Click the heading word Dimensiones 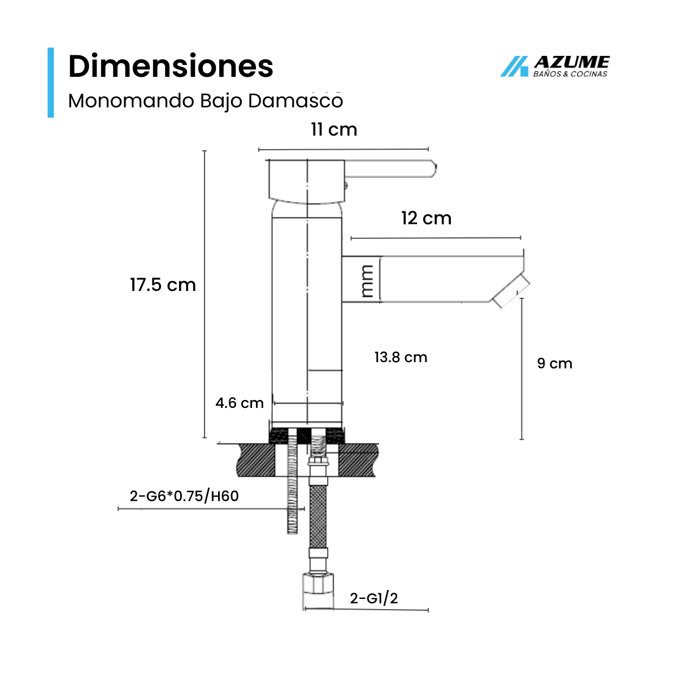[x=171, y=67]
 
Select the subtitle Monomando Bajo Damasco [x=205, y=101]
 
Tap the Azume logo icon [x=514, y=67]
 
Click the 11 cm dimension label [x=334, y=130]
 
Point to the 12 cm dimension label [x=426, y=218]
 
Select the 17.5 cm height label [x=163, y=285]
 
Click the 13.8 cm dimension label [x=401, y=357]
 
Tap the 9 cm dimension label [x=554, y=363]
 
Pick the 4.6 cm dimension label [x=239, y=403]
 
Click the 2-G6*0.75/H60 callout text [x=184, y=496]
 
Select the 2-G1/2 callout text [x=373, y=598]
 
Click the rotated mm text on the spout [x=367, y=280]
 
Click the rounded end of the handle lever [x=432, y=169]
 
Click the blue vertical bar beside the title [x=51, y=82]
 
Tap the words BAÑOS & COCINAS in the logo [x=570, y=74]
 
